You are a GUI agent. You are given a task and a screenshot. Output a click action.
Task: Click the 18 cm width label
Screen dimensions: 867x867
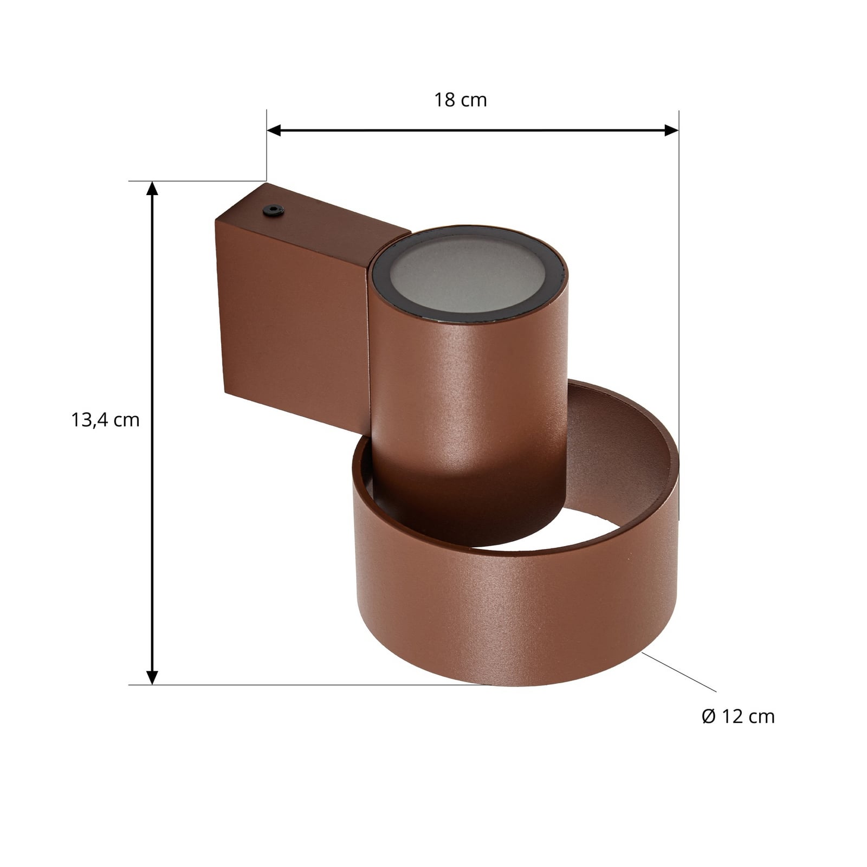[460, 100]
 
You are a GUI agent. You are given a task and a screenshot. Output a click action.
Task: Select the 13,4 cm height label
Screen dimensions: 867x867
[106, 420]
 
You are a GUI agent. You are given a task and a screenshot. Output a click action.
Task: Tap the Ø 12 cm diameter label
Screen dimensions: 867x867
[738, 716]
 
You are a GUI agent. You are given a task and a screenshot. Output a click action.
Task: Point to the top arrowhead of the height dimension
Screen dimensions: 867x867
[152, 189]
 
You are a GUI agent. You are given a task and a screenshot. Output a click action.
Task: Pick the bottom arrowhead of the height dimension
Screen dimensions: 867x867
[152, 677]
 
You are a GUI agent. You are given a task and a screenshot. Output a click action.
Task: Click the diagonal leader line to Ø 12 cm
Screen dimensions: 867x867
[680, 672]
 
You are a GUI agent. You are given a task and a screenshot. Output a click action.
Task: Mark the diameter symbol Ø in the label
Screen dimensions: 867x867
[709, 716]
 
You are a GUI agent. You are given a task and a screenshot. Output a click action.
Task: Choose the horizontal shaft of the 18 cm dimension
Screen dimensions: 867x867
[471, 130]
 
